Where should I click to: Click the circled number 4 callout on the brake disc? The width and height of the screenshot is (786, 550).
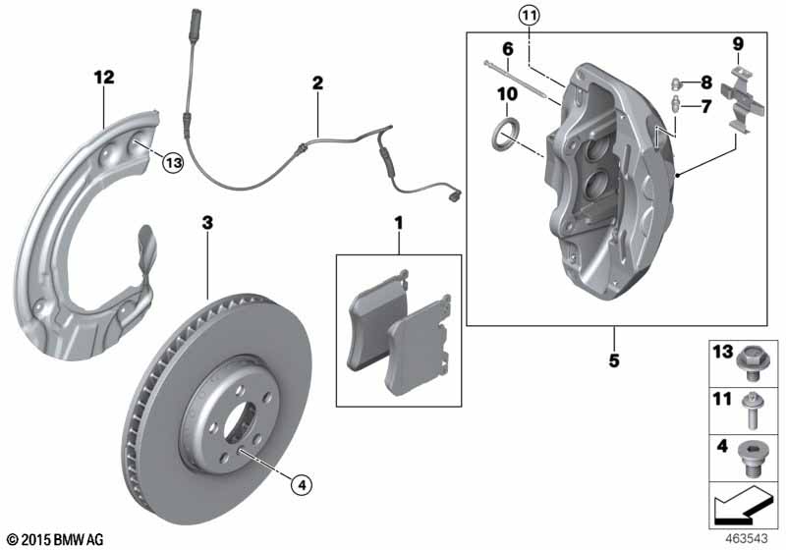(x=300, y=482)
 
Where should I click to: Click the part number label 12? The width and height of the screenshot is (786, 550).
(x=104, y=77)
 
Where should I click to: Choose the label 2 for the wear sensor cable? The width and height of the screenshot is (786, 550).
(x=317, y=83)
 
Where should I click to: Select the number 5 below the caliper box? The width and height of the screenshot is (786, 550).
(x=614, y=360)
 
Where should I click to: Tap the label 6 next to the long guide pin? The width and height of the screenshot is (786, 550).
(x=508, y=49)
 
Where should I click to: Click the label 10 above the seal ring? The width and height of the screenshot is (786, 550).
(x=507, y=94)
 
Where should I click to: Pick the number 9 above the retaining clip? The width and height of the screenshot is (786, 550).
(x=738, y=43)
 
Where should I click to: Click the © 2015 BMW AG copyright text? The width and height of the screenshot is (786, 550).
(x=54, y=539)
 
